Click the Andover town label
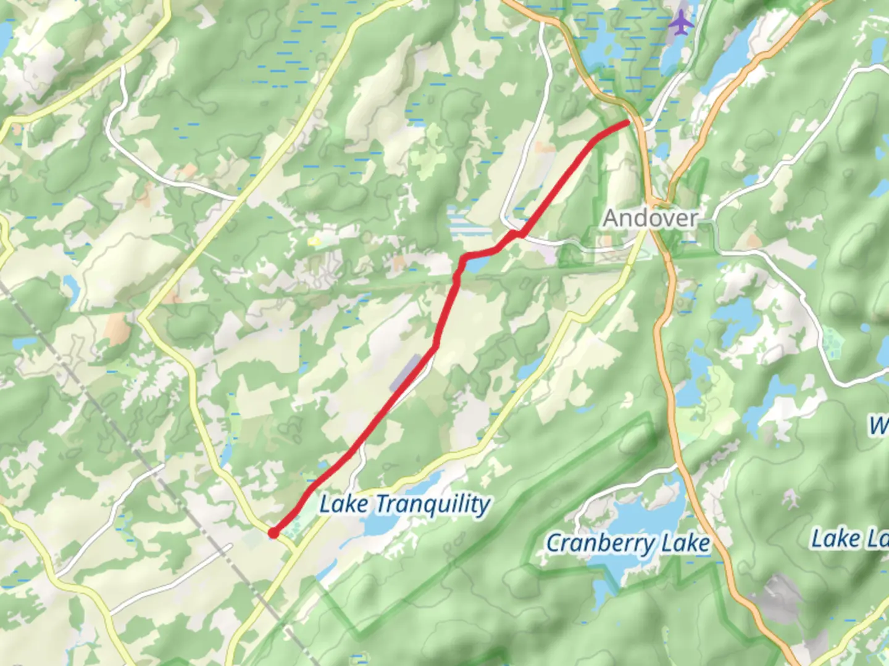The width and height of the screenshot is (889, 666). coord(650,218)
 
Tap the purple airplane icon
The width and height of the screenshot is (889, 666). coord(680,23)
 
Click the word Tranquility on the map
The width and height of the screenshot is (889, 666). coord(433,504)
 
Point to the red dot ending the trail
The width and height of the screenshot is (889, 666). coord(273,533)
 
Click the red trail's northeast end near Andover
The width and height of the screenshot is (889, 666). coord(626,123)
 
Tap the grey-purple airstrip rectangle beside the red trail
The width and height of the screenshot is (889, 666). coord(405,373)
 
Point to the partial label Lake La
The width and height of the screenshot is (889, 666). coord(849,539)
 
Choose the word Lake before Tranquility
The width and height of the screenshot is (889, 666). coord(343,504)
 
